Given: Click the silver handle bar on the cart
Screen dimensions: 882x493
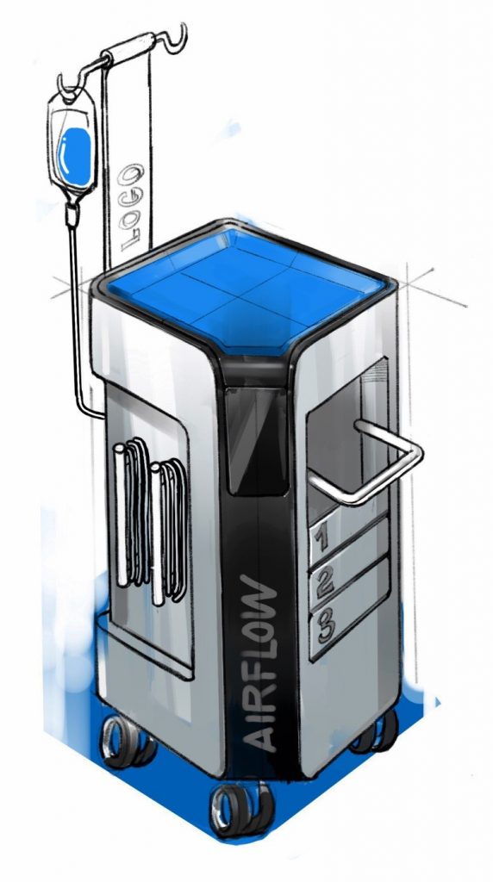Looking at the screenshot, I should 379,470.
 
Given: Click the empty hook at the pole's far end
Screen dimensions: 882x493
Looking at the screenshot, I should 178,38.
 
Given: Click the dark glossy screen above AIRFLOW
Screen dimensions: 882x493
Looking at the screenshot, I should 256,439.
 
